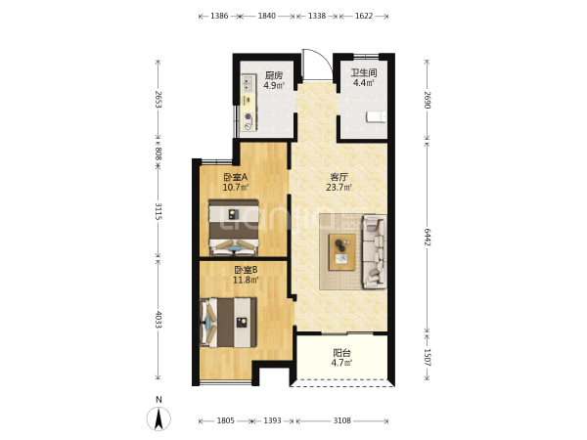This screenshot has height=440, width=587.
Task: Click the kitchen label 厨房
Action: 274,75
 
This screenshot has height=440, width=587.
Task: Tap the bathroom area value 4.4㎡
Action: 364,83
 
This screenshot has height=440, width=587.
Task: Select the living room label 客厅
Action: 339,177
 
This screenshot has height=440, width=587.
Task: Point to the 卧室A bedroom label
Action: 236,177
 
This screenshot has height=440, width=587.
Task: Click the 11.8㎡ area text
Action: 246,280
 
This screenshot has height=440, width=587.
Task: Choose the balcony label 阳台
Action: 341,353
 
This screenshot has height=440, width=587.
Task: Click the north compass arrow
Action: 158,418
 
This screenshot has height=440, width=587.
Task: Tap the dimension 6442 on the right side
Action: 428,238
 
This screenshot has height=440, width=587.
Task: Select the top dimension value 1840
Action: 266,16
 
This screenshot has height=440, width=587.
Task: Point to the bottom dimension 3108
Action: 342,420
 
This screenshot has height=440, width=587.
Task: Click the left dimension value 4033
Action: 158,320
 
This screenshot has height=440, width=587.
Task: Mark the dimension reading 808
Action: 158,154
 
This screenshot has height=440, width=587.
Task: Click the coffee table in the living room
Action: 341,252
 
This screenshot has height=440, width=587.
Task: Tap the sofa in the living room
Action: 375,252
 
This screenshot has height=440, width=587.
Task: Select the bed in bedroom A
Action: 234,228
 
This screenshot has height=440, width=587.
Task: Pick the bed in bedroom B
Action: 228,323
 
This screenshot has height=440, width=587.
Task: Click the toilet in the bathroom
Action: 377,116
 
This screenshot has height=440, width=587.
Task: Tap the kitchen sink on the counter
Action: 248,84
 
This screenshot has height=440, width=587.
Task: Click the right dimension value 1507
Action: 428,358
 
